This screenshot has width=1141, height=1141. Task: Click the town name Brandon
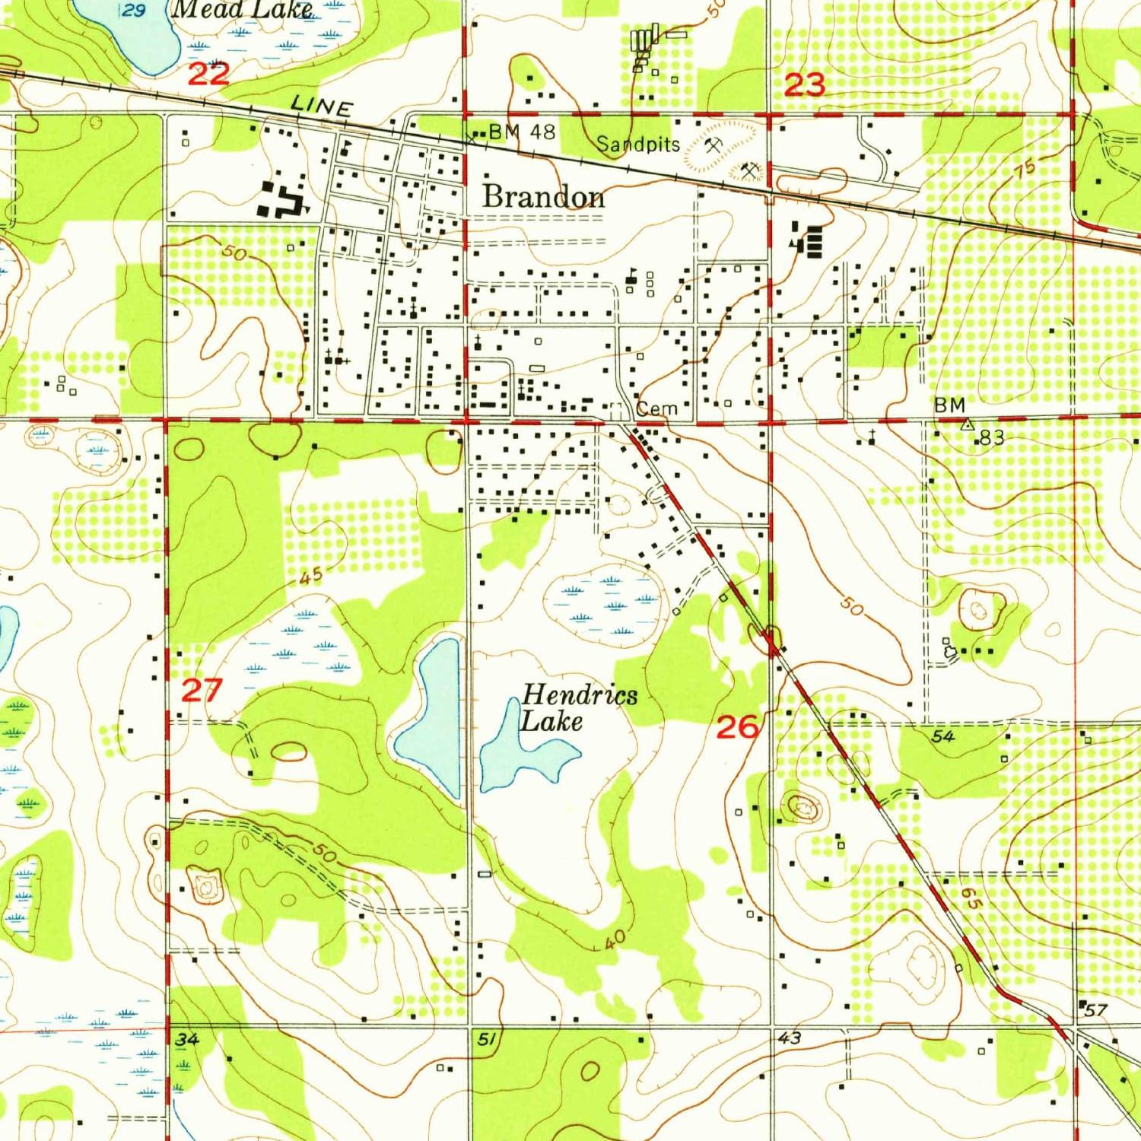(544, 197)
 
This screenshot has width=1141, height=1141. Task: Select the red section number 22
(208, 75)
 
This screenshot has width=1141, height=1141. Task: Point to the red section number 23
(804, 84)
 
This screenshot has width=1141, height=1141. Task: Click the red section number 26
(737, 728)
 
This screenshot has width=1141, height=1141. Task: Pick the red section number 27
(202, 691)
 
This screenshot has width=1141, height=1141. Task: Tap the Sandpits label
(637, 144)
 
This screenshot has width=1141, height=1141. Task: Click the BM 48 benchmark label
(522, 132)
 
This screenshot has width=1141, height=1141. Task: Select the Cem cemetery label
(656, 408)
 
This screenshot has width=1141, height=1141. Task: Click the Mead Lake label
(242, 10)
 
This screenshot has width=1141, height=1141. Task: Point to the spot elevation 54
(942, 736)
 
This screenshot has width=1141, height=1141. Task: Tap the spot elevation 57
(1095, 1010)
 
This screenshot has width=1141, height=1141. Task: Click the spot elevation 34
(186, 1040)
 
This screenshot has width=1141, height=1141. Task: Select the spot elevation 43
(790, 1038)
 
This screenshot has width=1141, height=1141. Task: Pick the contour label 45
(310, 577)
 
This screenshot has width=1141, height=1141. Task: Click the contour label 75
(1024, 169)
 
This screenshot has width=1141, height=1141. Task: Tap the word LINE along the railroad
(322, 106)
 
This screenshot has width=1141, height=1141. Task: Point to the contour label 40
(615, 939)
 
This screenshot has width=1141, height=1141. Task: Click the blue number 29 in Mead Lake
(134, 10)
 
